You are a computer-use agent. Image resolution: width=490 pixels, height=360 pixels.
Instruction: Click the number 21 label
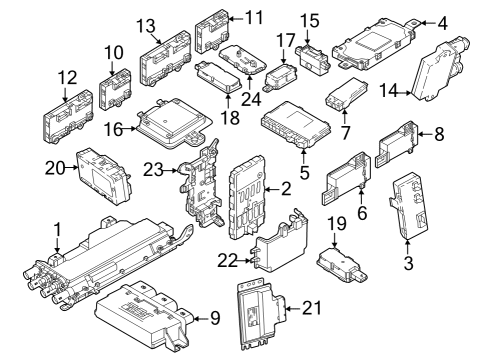click(312, 307)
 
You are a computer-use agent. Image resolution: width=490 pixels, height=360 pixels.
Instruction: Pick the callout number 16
click(113, 129)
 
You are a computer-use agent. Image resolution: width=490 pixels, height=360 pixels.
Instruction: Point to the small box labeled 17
click(279, 72)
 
